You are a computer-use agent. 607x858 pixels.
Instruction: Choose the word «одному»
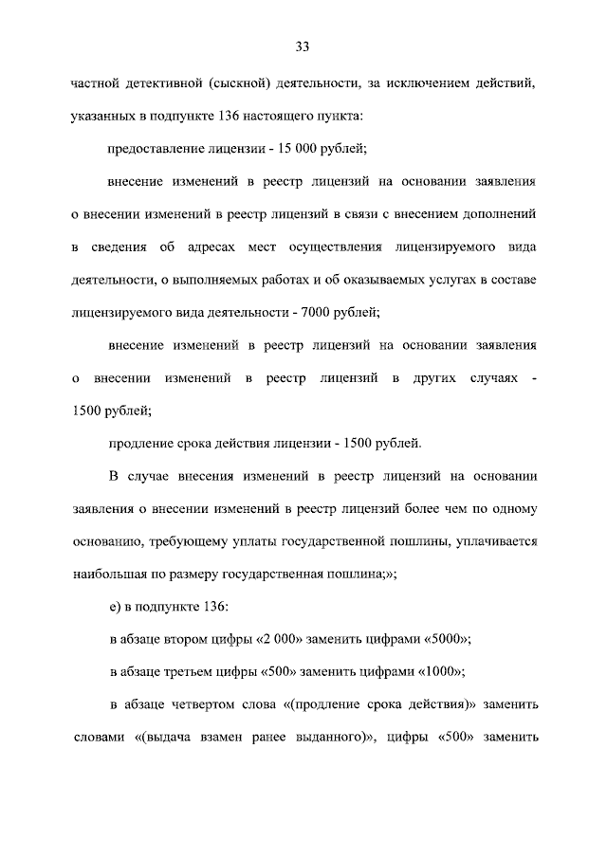515,508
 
